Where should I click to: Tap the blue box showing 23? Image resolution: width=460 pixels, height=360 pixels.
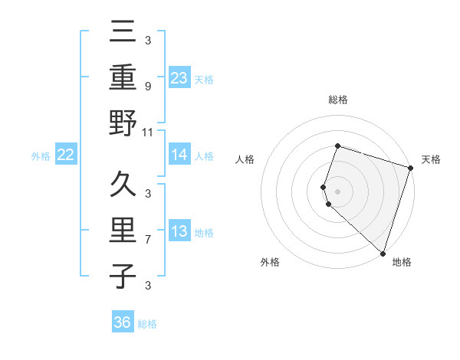[179, 77]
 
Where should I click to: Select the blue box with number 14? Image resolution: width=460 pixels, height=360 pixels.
[179, 155]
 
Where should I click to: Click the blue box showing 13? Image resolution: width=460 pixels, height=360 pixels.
[179, 232]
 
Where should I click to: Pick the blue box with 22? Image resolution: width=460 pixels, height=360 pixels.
[66, 155]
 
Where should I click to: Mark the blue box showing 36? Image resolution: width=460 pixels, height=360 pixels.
[123, 323]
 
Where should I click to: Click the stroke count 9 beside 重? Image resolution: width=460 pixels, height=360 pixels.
[147, 86]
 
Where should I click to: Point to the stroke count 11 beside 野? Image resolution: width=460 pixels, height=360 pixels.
[148, 132]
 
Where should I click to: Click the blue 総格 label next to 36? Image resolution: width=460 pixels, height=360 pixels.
[147, 324]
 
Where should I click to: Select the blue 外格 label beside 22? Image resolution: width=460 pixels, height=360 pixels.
[41, 156]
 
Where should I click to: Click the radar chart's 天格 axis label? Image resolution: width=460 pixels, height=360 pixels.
[431, 159]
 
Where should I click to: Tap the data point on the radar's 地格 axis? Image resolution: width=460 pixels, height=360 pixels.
[383, 253]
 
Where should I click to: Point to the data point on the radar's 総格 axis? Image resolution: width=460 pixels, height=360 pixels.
[337, 146]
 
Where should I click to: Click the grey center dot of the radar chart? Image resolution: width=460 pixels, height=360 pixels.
[337, 190]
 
